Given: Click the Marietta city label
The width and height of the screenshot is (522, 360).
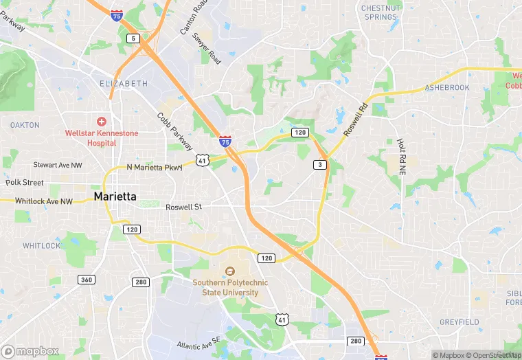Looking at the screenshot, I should click(x=115, y=196).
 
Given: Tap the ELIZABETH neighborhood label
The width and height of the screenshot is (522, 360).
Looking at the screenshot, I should click(x=124, y=83).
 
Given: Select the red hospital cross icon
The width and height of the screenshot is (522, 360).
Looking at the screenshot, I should click(x=102, y=121).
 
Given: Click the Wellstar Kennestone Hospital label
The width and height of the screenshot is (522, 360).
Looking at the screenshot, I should click(x=102, y=137).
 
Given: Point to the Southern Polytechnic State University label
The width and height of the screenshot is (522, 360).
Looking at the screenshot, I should click(x=225, y=287).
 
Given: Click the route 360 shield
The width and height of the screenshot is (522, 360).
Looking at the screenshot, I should click(x=87, y=280).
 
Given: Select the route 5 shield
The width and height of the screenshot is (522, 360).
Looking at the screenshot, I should click(x=133, y=38).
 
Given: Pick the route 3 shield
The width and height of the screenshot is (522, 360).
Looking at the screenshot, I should click(x=319, y=165).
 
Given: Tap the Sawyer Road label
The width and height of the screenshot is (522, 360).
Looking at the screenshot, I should click(x=207, y=48).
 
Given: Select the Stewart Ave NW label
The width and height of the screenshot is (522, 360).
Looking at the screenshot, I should click(x=58, y=165).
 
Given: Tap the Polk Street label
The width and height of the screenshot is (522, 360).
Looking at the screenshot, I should click(x=24, y=183).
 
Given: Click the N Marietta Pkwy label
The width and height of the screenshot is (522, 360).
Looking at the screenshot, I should click(x=155, y=168).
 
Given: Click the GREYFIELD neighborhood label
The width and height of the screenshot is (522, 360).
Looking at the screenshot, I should click(x=459, y=322).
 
